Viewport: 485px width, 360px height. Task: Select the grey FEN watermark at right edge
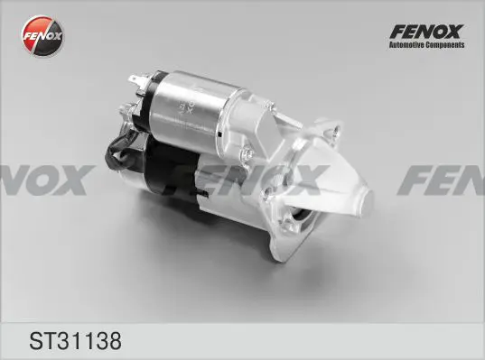point(443,180)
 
